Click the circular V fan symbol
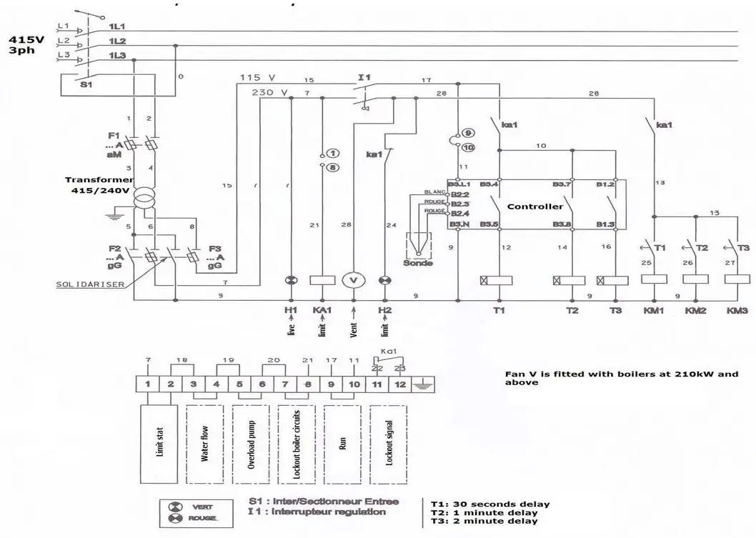coord(353,280)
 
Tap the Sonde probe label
coord(418,263)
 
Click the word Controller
coord(535,206)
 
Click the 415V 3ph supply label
coord(26,46)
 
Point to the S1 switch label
coord(86,84)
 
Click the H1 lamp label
coord(290,311)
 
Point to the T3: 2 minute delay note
coord(490,522)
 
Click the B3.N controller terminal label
coord(457,225)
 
